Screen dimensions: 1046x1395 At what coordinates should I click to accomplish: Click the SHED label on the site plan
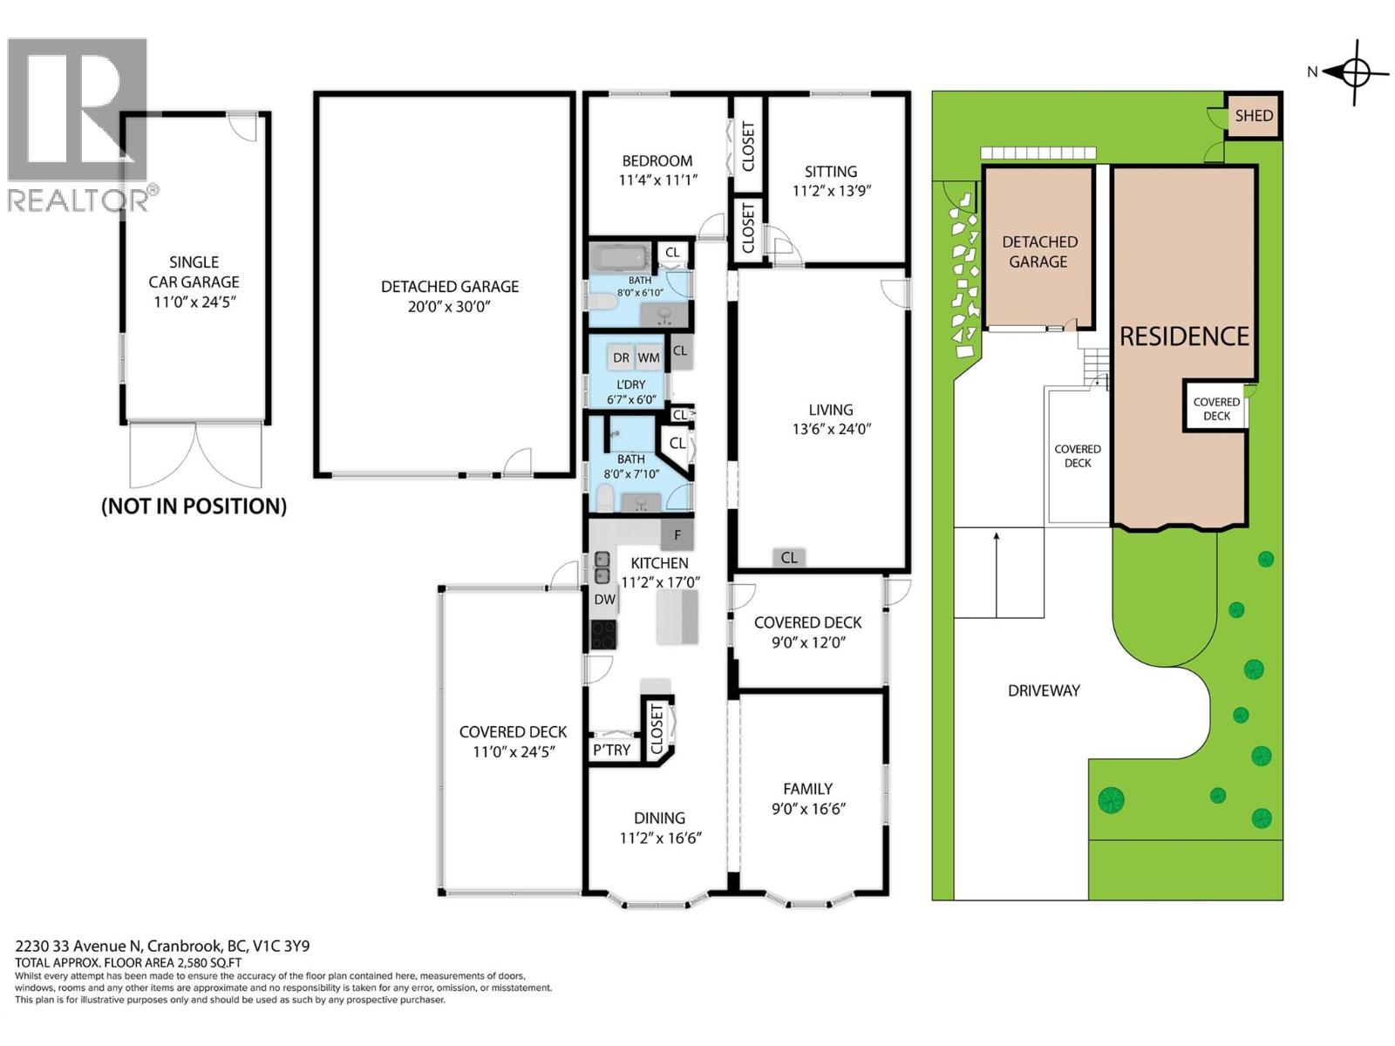pos(1253,116)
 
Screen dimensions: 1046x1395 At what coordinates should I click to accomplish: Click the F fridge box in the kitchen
pos(677,535)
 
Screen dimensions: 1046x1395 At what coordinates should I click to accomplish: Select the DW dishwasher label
pos(604,600)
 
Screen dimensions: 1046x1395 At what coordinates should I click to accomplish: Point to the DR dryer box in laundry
pos(621,357)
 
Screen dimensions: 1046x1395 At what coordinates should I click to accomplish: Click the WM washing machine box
pos(648,357)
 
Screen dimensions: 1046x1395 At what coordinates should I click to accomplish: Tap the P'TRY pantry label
pos(611,750)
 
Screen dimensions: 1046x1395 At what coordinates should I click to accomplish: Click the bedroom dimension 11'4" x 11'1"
pos(657,180)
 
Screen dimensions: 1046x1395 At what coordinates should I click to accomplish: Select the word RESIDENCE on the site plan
pos(1184,336)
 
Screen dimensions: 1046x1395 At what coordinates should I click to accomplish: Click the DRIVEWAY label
pos(1044,690)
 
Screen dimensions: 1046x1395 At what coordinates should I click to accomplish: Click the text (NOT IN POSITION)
pos(194,506)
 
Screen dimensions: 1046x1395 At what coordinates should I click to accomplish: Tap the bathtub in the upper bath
pos(620,258)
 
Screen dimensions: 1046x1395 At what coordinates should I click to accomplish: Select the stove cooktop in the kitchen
pos(603,634)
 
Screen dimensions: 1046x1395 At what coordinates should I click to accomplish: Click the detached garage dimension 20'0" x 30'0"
pos(449,307)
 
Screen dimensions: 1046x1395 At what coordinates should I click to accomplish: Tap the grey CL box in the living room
pos(788,558)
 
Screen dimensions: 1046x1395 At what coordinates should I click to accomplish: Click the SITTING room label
pos(830,172)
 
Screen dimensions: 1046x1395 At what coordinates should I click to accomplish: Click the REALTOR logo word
pos(78,200)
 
